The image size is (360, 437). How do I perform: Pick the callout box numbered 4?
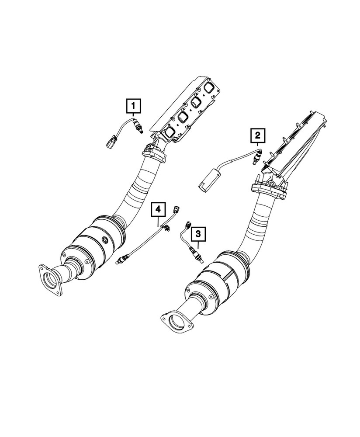158,210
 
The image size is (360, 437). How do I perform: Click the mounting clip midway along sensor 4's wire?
166,226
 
